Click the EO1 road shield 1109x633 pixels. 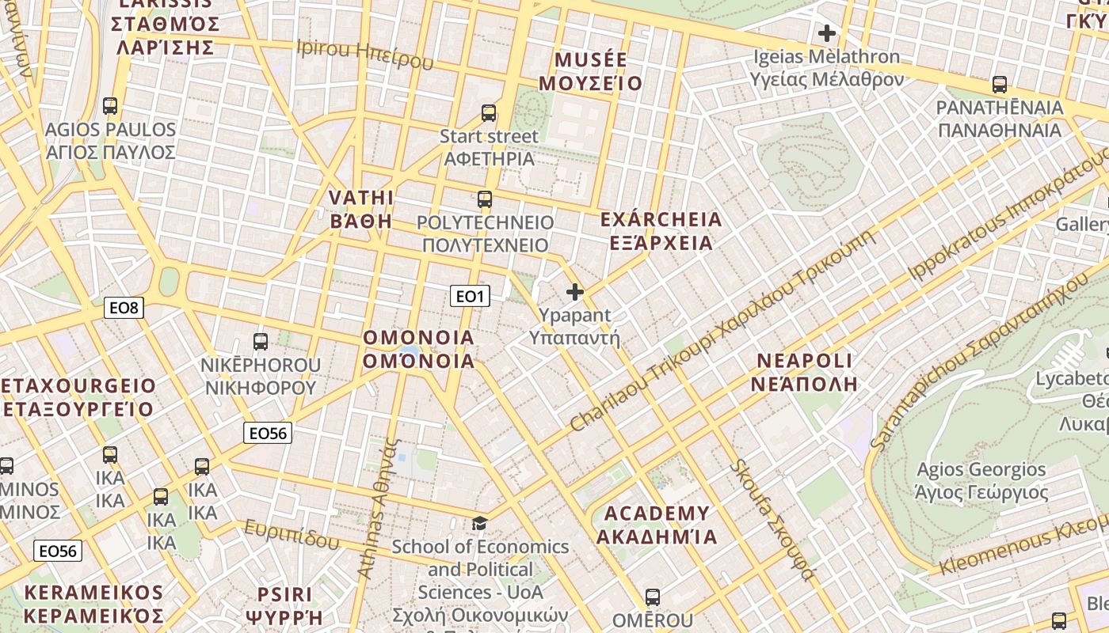tap(470, 297)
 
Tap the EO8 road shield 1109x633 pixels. tap(124, 308)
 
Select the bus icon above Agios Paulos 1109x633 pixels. tap(110, 106)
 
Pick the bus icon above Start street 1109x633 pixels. tap(489, 113)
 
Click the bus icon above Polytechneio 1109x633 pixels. tap(485, 199)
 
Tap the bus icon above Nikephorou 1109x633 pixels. tap(260, 342)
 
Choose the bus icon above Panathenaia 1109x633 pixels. tap(1000, 85)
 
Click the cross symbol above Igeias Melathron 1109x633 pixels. tap(826, 33)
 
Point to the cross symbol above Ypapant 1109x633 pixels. tap(575, 292)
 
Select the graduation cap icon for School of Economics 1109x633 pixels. tap(479, 523)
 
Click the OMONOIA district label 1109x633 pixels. tap(418, 349)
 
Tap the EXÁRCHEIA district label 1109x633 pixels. tap(661, 230)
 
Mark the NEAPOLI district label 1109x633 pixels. tap(805, 372)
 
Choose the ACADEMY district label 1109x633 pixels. tap(657, 525)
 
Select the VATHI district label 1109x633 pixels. tap(361, 209)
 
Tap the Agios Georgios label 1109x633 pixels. tap(981, 481)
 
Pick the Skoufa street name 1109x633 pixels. tap(772, 519)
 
